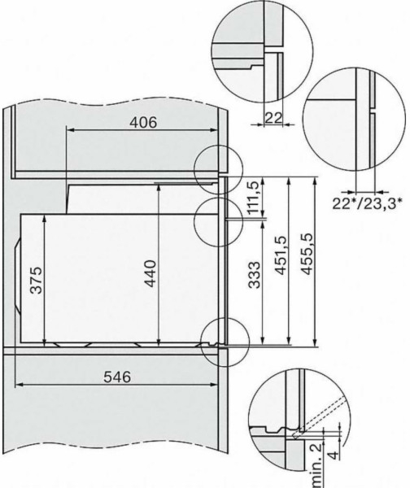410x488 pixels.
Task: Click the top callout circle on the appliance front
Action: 219,166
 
